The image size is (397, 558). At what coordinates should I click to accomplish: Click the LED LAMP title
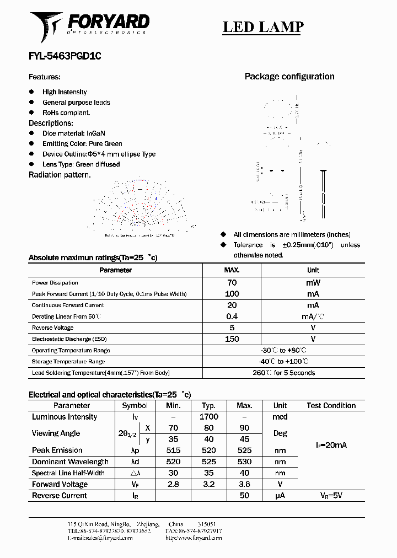(x=262, y=27)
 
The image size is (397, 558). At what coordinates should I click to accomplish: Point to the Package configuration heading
(x=289, y=77)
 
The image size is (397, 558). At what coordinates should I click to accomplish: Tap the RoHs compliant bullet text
(x=66, y=112)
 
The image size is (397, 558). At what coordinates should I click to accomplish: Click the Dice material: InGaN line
(x=73, y=133)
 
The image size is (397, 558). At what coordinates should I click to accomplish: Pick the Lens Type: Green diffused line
(x=81, y=164)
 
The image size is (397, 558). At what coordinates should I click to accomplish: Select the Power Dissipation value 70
(x=232, y=282)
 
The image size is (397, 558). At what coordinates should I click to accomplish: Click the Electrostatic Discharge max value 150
(x=232, y=339)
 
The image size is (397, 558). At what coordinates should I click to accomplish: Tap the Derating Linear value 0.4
(x=232, y=316)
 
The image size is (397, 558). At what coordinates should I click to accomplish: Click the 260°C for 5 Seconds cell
(x=284, y=373)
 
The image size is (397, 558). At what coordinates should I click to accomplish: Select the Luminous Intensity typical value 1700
(x=209, y=417)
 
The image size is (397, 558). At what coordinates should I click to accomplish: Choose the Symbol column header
(x=135, y=405)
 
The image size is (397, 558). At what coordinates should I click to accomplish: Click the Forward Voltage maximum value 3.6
(x=244, y=484)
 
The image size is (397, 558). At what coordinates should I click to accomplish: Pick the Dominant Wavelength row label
(x=70, y=462)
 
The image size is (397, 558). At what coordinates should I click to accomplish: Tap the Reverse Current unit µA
(x=280, y=495)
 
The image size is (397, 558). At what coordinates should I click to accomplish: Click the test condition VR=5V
(x=331, y=495)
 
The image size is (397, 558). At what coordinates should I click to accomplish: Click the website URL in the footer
(x=194, y=538)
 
